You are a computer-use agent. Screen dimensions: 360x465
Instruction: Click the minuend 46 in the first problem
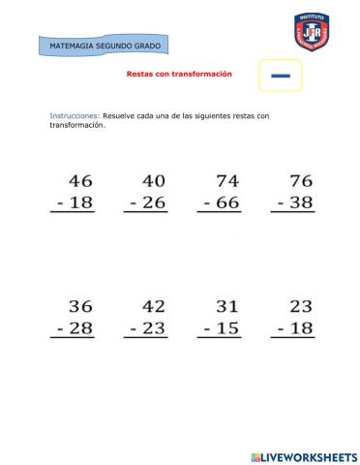point(80,180)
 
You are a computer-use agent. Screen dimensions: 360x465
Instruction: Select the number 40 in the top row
point(153,180)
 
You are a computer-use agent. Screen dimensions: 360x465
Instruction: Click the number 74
point(227,180)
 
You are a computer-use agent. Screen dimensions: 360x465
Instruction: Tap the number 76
point(301,180)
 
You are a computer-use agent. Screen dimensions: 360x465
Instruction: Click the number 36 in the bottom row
point(80,306)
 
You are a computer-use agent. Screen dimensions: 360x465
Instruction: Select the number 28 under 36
point(80,329)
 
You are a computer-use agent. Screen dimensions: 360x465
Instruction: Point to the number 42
point(153,306)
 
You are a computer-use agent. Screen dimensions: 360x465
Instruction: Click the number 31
point(227,306)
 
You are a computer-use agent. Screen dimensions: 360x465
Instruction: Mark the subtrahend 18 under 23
point(301,329)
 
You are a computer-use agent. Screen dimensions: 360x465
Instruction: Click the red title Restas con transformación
point(179,74)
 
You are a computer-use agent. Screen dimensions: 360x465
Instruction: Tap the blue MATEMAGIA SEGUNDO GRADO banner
point(105,46)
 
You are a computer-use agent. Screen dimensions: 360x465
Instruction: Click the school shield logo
point(310,32)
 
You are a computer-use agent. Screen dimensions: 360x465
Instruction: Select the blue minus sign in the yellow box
point(281,75)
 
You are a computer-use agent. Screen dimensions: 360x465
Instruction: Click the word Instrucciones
point(74,115)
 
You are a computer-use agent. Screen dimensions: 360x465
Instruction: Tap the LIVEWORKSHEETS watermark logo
point(303,455)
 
